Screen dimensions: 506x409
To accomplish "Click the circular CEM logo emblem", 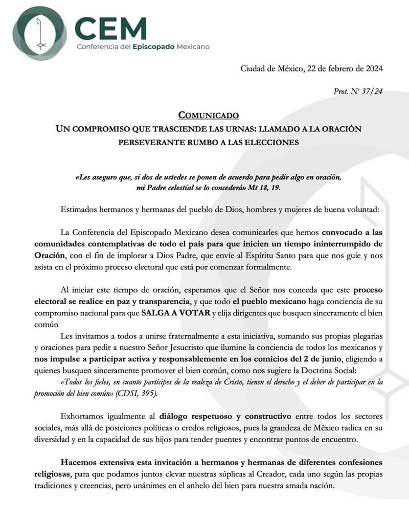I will (x=40, y=33).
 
